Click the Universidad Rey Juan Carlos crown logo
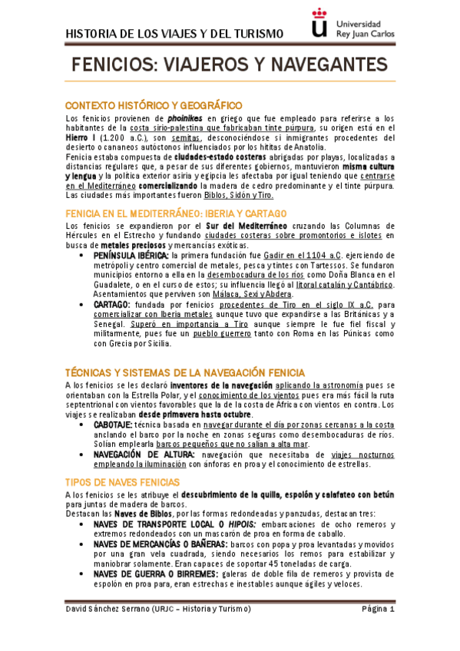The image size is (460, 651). click(x=320, y=23)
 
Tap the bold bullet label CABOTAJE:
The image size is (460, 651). click(x=113, y=425)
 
